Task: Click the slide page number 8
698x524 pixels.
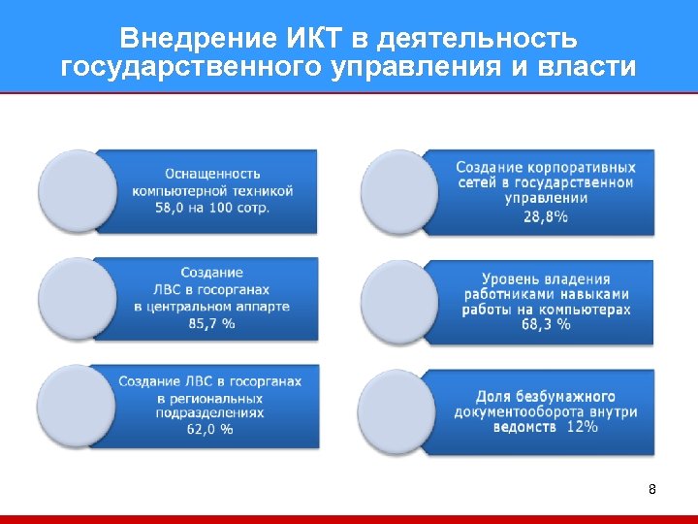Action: click(x=652, y=489)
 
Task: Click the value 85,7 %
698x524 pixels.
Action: click(x=211, y=323)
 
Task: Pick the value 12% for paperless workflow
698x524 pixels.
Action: click(x=582, y=427)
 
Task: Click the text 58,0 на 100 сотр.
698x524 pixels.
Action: click(x=212, y=208)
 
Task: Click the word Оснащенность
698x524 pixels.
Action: click(x=212, y=174)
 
